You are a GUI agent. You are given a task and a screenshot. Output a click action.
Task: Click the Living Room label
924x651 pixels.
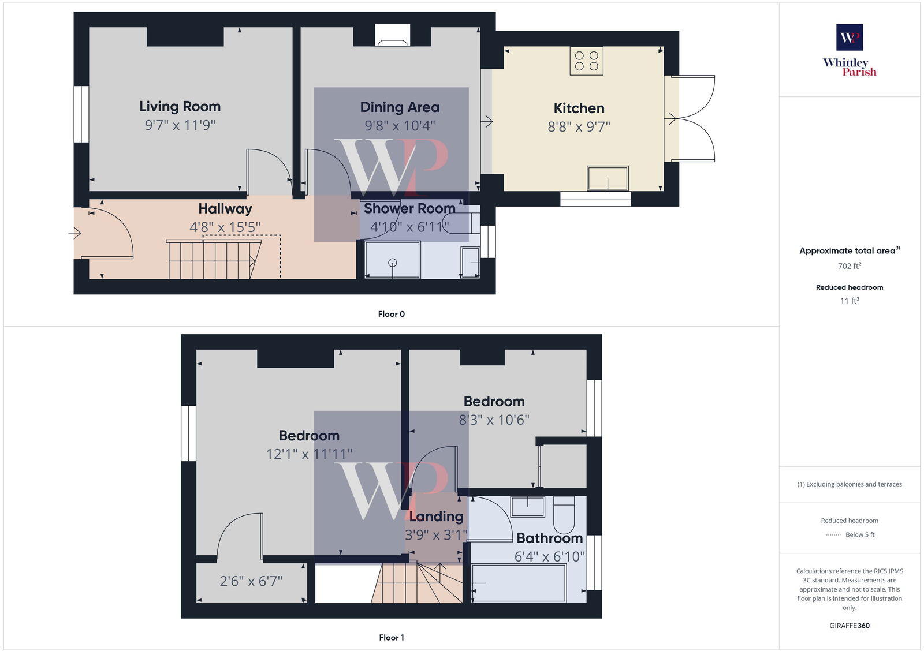click(180, 107)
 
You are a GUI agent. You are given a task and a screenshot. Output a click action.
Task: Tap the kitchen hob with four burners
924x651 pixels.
click(587, 61)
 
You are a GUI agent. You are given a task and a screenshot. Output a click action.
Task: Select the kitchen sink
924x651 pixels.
click(608, 178)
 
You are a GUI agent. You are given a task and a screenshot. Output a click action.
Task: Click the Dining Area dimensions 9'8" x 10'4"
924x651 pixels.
click(400, 125)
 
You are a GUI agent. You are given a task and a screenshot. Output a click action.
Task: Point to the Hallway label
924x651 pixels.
click(225, 209)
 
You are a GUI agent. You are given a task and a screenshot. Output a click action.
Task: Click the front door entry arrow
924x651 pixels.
click(75, 233)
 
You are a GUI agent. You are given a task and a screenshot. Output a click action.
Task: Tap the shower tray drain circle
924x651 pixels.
click(393, 263)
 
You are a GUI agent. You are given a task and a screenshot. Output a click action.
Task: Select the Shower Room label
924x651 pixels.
click(409, 208)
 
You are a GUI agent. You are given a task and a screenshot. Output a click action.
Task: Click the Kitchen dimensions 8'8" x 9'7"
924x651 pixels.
click(579, 126)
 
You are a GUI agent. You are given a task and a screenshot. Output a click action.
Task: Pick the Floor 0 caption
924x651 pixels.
click(391, 314)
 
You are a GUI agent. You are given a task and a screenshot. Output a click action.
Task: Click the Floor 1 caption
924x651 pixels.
click(391, 637)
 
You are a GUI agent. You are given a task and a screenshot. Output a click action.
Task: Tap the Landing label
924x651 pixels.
click(436, 517)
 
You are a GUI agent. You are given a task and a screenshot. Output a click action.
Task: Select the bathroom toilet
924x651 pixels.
click(564, 515)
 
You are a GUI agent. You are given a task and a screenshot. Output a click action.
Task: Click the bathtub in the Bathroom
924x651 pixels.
click(519, 583)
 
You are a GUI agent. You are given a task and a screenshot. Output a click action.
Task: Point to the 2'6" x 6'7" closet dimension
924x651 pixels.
click(251, 581)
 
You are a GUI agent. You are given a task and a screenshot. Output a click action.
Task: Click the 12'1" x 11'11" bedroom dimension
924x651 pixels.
click(309, 454)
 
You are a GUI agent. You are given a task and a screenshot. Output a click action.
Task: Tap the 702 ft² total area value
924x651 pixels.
click(850, 266)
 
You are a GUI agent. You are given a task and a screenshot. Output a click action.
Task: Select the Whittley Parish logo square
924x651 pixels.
click(850, 38)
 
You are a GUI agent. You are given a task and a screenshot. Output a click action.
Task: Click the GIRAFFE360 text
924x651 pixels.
click(850, 626)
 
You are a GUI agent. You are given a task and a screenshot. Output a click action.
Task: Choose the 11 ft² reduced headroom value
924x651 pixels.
click(850, 301)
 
